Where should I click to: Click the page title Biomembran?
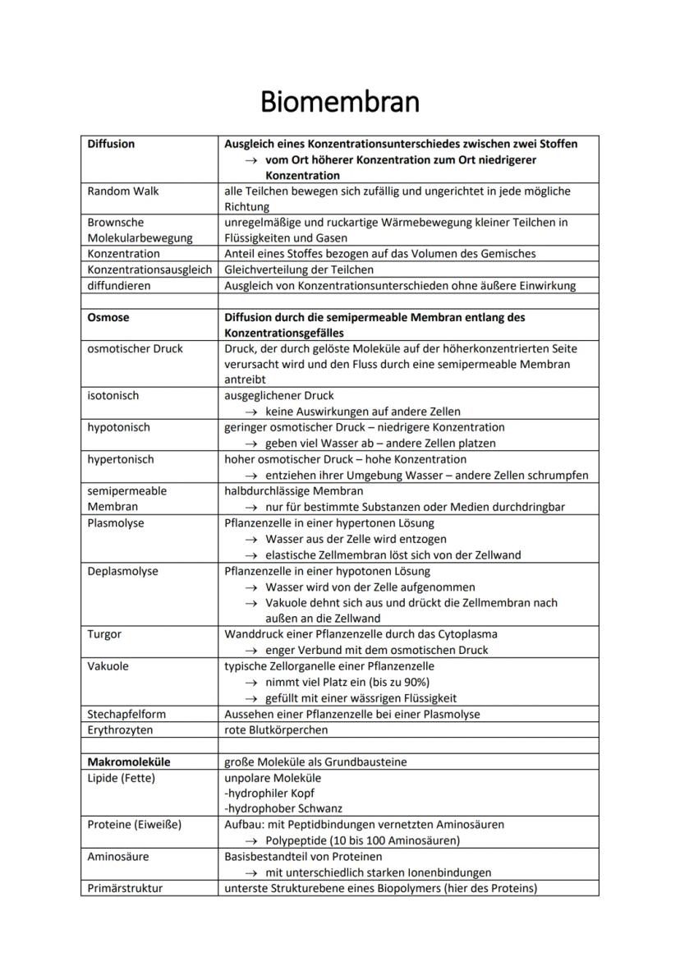339,102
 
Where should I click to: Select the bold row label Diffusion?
111,144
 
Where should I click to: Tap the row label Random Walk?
123,191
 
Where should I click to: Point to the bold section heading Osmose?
108,317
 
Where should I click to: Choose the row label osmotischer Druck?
135,348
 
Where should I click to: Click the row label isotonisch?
113,396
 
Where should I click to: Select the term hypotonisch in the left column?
118,427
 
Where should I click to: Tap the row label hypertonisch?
121,459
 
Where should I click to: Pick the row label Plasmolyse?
116,522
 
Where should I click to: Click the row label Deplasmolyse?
123,571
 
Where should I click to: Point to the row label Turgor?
105,634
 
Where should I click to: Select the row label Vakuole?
108,666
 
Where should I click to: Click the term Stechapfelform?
126,714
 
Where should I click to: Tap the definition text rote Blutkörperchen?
276,730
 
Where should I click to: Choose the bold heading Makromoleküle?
129,762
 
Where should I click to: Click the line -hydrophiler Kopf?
269,794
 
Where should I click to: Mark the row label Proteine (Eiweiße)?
135,825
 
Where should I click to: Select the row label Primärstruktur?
125,888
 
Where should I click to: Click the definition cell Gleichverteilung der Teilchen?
299,269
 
